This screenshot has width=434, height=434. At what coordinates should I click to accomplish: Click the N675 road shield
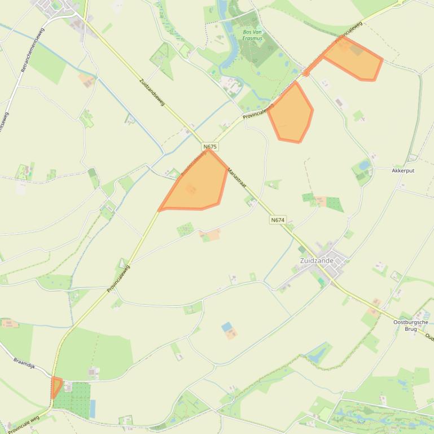209,147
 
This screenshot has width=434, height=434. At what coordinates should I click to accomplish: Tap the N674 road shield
278,220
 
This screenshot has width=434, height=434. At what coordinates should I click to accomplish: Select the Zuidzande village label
317,261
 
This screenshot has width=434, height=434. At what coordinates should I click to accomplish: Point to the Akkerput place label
403,170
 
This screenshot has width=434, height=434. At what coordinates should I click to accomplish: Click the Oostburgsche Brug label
406,325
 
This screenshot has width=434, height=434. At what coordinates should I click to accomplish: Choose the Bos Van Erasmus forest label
252,35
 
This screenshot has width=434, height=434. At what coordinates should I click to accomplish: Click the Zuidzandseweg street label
151,92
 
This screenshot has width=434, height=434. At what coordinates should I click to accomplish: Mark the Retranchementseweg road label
32,50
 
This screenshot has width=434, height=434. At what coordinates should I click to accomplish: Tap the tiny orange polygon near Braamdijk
56,386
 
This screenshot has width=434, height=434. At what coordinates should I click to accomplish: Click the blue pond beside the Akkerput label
365,165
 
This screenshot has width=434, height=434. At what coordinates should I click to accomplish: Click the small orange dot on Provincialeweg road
306,72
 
